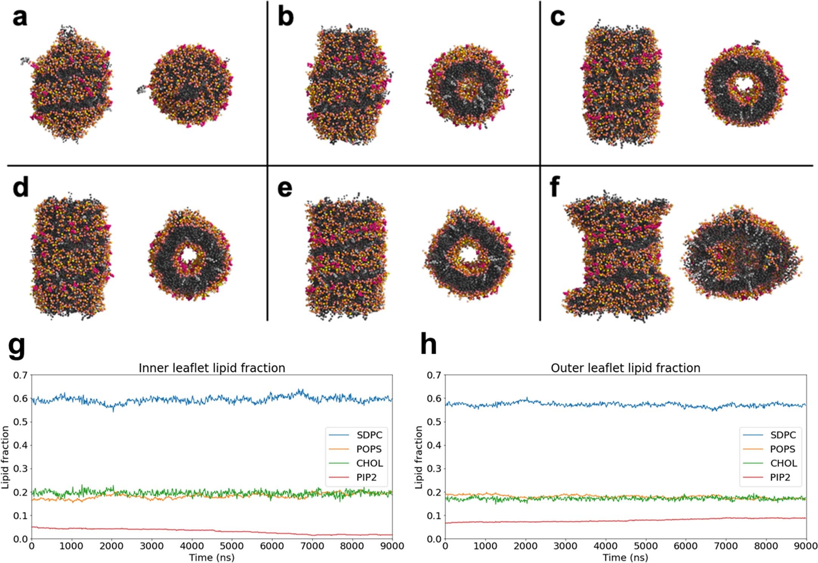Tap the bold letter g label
click(17, 346)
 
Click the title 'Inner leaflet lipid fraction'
click(211, 368)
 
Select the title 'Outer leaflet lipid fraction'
click(625, 368)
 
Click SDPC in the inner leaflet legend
click(369, 435)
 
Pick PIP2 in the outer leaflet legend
click(780, 477)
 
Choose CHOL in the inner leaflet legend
click(369, 463)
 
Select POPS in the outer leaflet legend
click(782, 449)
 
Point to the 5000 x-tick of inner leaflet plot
click(232, 546)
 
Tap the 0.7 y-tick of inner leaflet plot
click(20, 375)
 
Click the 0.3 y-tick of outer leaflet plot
click(434, 469)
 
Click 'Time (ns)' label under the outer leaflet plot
click(625, 557)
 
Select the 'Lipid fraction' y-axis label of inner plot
click(5, 457)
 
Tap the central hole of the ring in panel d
click(188, 256)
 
